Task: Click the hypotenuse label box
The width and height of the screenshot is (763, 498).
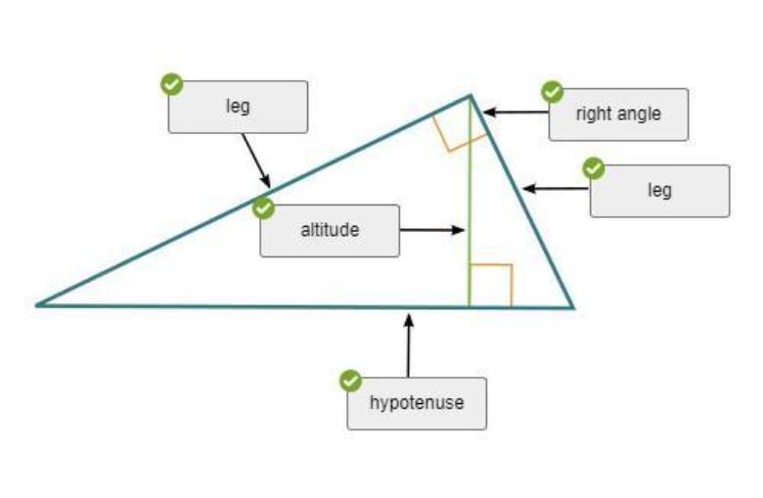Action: (x=417, y=403)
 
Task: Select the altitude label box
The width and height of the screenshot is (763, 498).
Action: (x=330, y=231)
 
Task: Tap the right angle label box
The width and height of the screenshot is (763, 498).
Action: (x=618, y=114)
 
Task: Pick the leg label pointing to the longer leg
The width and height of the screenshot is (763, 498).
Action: (x=238, y=107)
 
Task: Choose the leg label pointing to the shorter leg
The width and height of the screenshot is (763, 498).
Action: (x=659, y=190)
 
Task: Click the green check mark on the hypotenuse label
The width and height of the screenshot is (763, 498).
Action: (x=350, y=382)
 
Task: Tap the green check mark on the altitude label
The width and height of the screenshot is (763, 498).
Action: (x=263, y=208)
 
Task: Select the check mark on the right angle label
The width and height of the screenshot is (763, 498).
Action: (x=553, y=92)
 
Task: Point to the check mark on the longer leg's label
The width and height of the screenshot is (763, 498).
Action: (x=172, y=84)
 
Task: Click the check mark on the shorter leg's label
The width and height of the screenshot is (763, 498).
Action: (x=594, y=168)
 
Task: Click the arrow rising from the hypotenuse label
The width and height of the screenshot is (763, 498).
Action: (x=409, y=343)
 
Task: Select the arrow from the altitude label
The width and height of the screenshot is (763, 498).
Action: (x=431, y=231)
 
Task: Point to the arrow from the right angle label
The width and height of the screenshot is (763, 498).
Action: (x=516, y=113)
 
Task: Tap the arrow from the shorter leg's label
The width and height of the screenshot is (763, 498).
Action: (x=556, y=190)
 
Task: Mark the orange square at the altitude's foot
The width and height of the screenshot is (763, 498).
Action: (x=491, y=284)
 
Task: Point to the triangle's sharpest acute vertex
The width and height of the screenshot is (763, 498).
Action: (x=38, y=304)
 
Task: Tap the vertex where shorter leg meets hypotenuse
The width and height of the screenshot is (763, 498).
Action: (x=572, y=307)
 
